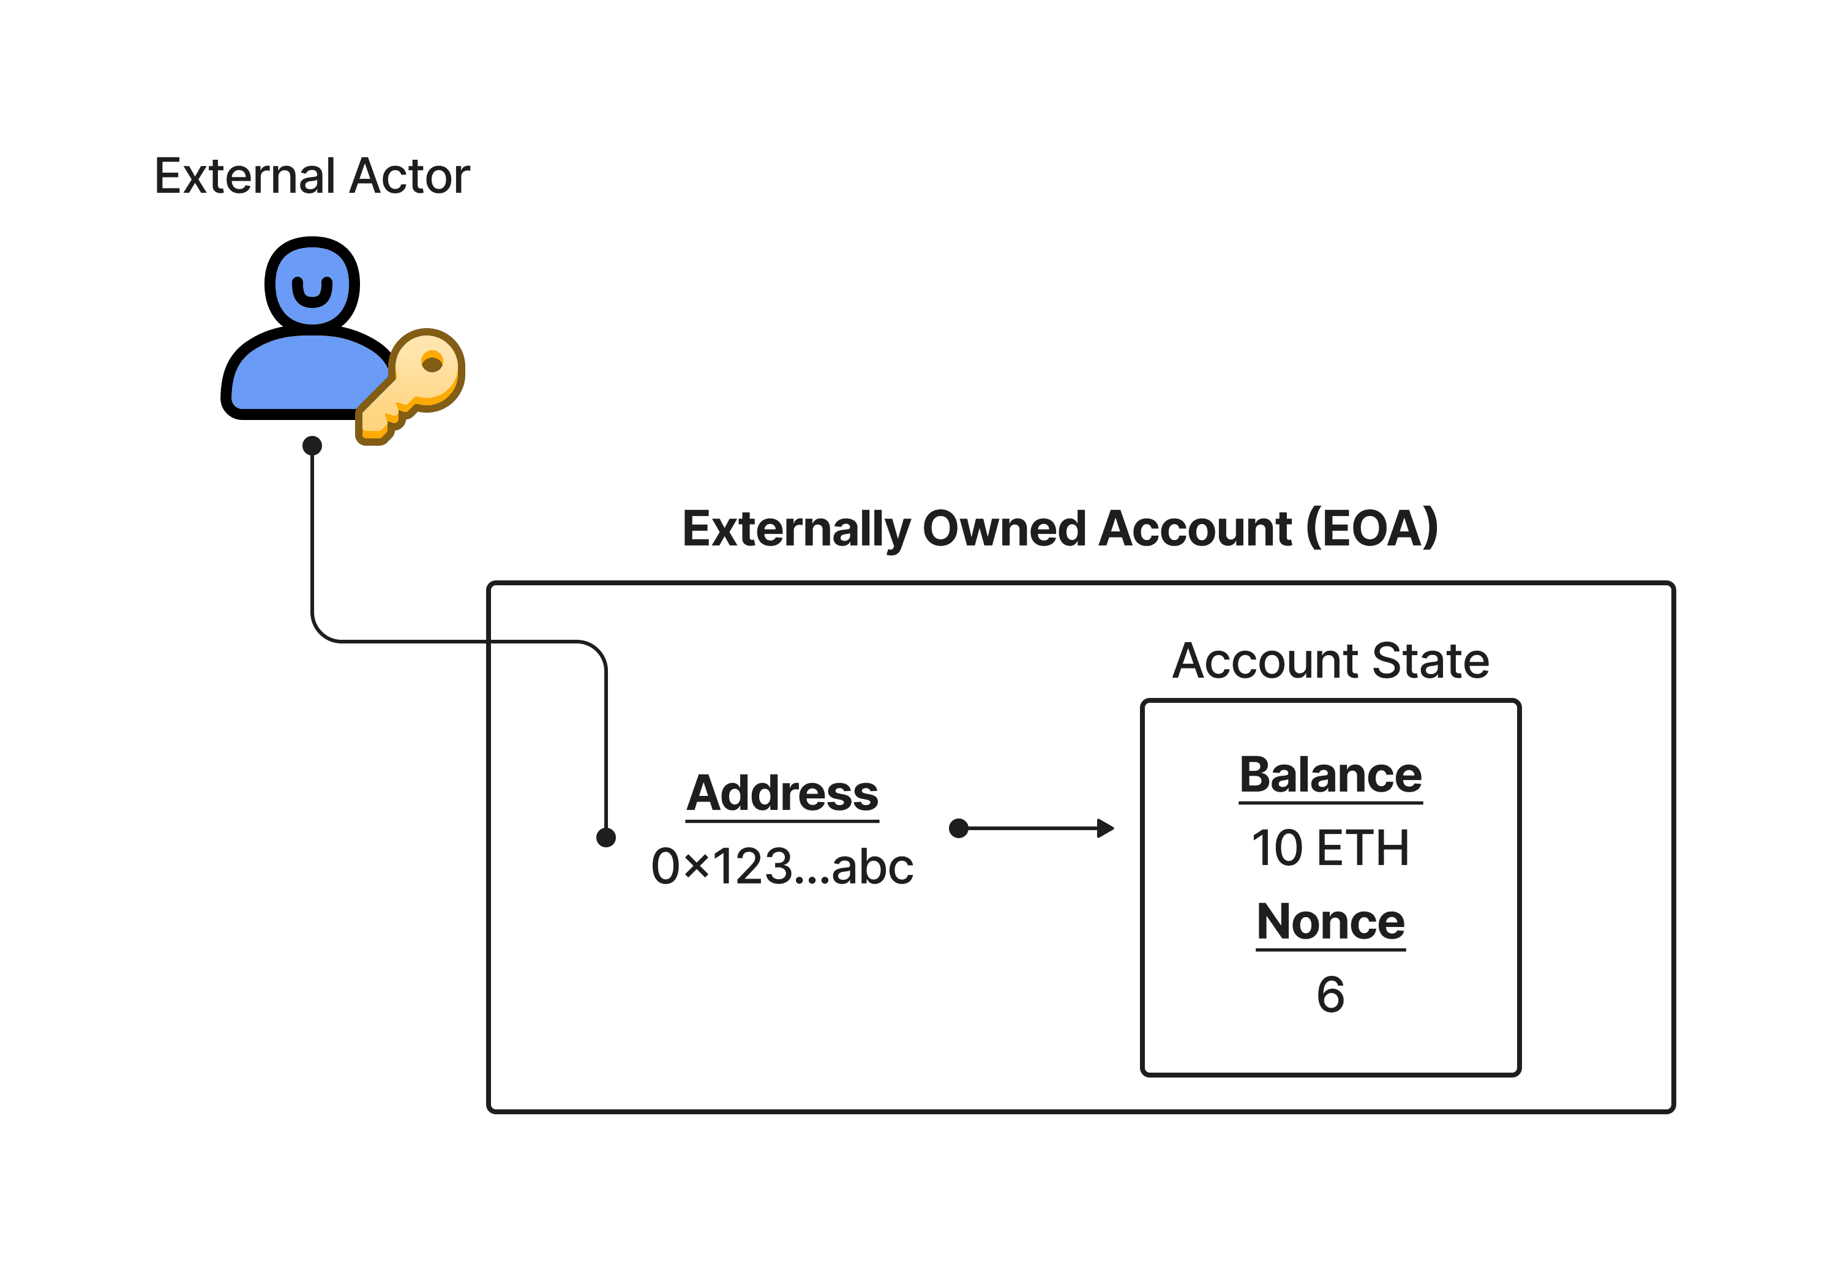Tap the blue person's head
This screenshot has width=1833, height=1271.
[x=312, y=283]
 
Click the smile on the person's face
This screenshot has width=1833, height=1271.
[x=312, y=294]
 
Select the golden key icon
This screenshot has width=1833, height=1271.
[x=410, y=386]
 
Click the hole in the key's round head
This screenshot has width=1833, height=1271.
[x=432, y=364]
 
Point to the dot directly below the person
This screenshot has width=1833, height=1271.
[x=312, y=445]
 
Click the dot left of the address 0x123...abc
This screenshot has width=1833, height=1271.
[x=606, y=837]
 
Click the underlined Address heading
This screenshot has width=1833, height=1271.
[x=782, y=793]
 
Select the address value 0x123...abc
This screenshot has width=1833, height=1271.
[x=782, y=866]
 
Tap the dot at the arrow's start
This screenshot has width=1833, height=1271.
[x=959, y=828]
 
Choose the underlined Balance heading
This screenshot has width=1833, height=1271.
[x=1330, y=775]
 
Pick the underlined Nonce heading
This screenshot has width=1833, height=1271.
[x=1330, y=921]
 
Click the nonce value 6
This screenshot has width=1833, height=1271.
[x=1330, y=995]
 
